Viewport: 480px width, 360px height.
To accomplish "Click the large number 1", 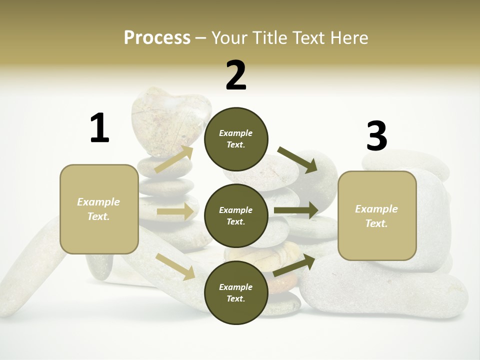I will click(x=99, y=128).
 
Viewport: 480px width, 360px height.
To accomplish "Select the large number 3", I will click(x=376, y=136).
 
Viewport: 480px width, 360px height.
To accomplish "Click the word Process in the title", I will click(x=157, y=37).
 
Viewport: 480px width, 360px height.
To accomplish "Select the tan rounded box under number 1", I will click(x=99, y=209).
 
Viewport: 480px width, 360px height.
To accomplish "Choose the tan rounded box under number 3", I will click(x=377, y=215).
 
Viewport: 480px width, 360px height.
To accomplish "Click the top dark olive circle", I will click(x=236, y=139).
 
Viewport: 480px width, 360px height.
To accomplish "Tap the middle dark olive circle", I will click(x=236, y=215).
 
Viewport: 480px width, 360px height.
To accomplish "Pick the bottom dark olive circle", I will click(x=236, y=292).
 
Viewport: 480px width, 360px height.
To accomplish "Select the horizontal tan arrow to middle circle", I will click(x=175, y=211).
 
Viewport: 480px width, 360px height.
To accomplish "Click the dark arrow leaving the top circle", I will click(x=298, y=159).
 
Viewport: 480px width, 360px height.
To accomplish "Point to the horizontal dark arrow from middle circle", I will click(x=296, y=210).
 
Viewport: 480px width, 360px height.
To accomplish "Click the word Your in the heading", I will click(x=230, y=37).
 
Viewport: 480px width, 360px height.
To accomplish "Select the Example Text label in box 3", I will click(x=376, y=216).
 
